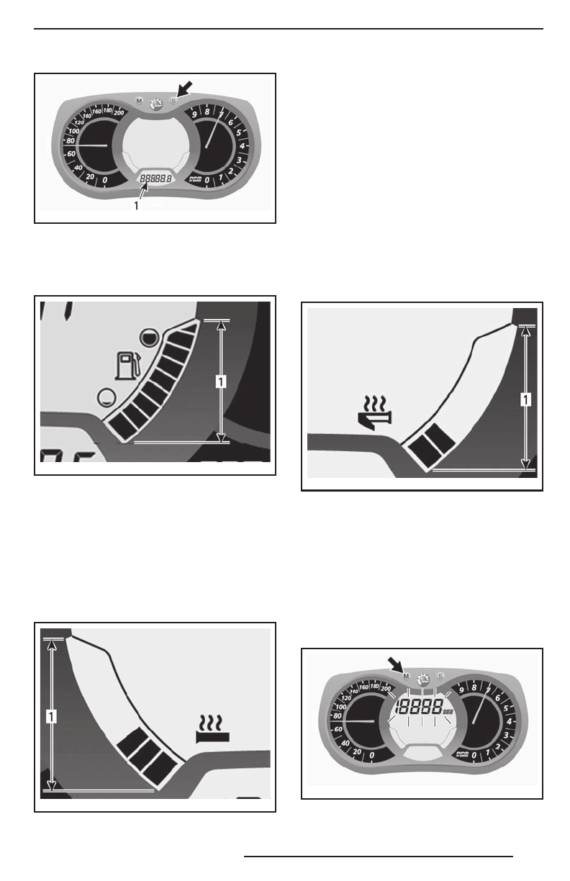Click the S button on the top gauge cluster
pyautogui.click(x=173, y=101)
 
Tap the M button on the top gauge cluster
pyautogui.click(x=139, y=101)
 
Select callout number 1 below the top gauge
pyautogui.click(x=135, y=206)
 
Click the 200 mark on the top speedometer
pyautogui.click(x=119, y=113)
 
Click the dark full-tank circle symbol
pyautogui.click(x=148, y=336)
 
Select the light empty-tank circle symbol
pyautogui.click(x=106, y=395)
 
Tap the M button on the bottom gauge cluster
pyautogui.click(x=407, y=677)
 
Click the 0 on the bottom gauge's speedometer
pyautogui.click(x=371, y=756)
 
